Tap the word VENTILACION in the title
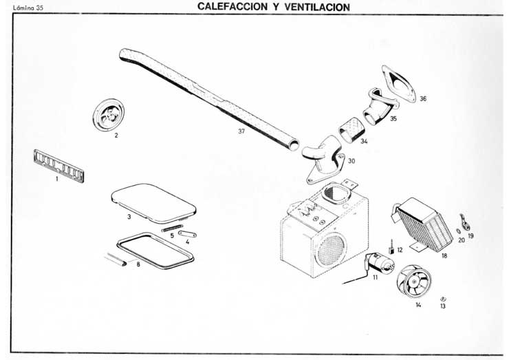coord(315,7)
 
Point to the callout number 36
coord(422,98)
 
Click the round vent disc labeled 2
coord(110,114)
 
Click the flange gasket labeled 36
coord(399,83)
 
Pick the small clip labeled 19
coord(466,222)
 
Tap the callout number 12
coord(400,250)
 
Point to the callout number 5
coord(172,235)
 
